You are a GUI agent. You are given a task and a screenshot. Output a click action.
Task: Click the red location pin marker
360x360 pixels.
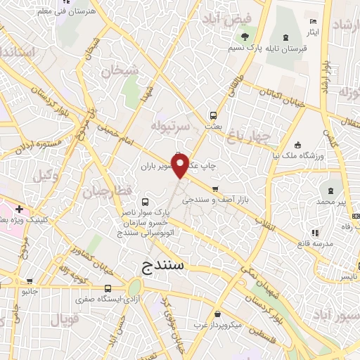180,166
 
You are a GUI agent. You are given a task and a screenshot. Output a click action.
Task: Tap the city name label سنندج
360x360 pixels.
157,266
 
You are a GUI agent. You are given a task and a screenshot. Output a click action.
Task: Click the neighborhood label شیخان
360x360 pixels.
115,71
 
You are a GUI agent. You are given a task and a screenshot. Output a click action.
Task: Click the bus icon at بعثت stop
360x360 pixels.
212,115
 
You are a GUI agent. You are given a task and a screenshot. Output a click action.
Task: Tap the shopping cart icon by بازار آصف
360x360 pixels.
215,188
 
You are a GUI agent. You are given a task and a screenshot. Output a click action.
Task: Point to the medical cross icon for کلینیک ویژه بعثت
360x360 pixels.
19,209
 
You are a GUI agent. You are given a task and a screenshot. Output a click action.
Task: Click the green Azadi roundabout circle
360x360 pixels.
134,288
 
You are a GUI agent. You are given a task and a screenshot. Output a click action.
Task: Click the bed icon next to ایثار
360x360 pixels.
314,20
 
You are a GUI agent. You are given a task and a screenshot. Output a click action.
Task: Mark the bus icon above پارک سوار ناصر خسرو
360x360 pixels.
145,200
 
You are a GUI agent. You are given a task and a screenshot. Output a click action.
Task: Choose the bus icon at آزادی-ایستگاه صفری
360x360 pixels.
108,288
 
